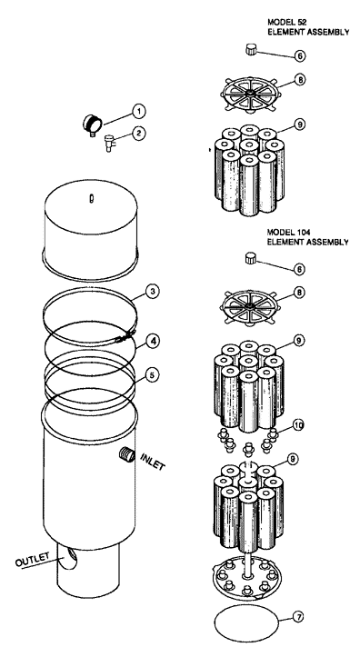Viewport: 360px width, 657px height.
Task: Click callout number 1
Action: pos(139,111)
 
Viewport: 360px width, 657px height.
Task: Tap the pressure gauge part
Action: pos(92,124)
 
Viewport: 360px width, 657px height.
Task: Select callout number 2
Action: pos(139,134)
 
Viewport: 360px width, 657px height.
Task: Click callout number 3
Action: pos(154,291)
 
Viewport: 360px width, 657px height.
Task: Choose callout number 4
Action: pos(154,341)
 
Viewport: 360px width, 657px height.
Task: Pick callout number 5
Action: pos(153,374)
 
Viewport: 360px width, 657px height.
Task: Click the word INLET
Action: pos(154,461)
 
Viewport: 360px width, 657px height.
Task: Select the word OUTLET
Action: pos(32,559)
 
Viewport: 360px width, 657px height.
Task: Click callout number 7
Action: pos(297,617)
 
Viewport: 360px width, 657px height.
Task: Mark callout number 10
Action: pos(298,425)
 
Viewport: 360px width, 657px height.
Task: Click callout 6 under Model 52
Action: pos(300,55)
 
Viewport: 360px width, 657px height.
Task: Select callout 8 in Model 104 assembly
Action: pos(300,292)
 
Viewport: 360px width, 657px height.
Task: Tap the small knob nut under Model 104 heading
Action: pos(251,258)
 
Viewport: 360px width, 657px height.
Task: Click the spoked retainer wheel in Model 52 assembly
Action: pos(251,95)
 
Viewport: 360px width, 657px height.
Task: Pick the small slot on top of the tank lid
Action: pos(91,199)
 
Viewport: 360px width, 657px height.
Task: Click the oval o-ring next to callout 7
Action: pos(246,623)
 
